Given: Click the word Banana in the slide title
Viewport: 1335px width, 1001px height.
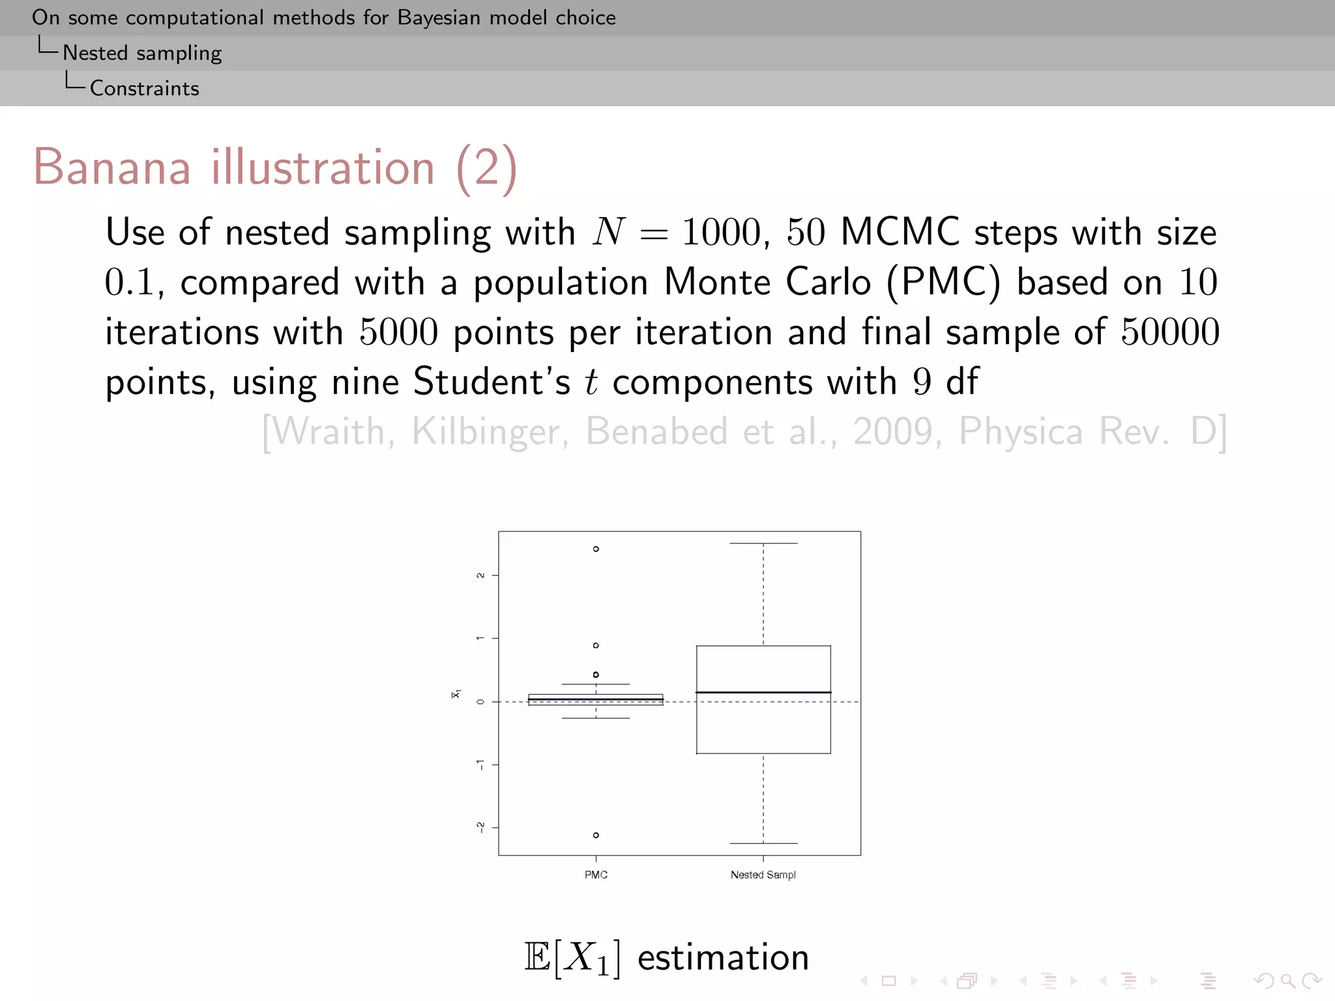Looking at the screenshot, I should click(x=111, y=167).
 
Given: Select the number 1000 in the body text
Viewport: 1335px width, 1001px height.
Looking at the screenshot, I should click(x=721, y=233).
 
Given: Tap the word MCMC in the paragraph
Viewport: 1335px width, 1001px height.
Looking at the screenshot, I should click(x=900, y=233).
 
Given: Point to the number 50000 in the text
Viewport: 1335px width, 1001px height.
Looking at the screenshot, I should click(x=1169, y=332).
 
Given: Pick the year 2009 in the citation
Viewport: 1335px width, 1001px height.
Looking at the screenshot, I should click(x=893, y=432).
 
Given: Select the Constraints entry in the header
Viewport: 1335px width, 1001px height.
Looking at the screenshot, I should click(x=144, y=89).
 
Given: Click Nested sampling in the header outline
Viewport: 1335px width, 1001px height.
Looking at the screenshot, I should click(x=142, y=53).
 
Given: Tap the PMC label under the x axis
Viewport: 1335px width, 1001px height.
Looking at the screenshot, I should click(x=596, y=875).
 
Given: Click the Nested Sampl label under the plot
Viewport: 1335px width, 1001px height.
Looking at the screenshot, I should click(x=763, y=875).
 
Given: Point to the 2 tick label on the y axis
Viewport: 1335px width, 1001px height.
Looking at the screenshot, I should click(x=481, y=575).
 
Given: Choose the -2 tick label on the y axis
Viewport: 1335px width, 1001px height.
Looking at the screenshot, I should click(x=481, y=828).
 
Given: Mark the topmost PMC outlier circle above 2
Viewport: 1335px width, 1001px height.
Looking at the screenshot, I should click(x=596, y=549).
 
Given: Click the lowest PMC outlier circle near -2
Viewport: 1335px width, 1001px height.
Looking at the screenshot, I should click(x=596, y=835).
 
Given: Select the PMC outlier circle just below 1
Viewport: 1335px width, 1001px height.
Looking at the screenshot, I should click(x=596, y=645).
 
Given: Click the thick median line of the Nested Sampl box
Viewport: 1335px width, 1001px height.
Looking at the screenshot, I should click(x=763, y=692).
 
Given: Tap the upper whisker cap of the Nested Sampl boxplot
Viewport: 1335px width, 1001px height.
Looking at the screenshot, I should click(x=763, y=544).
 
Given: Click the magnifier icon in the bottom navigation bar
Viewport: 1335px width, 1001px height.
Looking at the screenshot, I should click(x=1287, y=980).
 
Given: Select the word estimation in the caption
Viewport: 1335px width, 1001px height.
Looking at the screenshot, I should click(x=723, y=958).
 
